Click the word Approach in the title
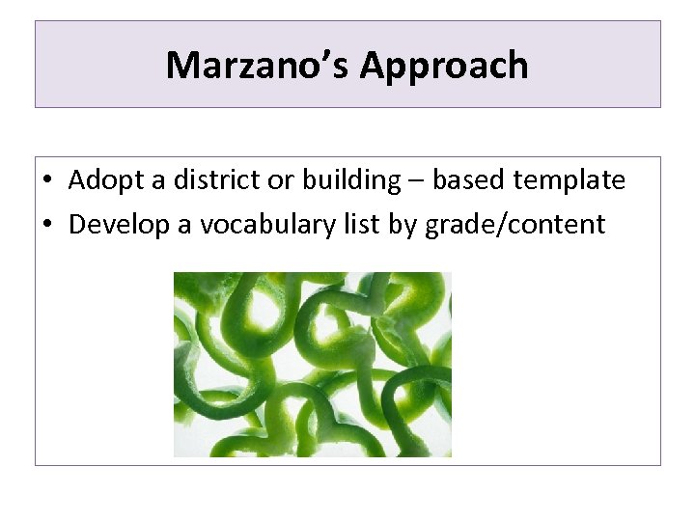pyautogui.click(x=444, y=66)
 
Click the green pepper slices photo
pyautogui.click(x=312, y=364)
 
